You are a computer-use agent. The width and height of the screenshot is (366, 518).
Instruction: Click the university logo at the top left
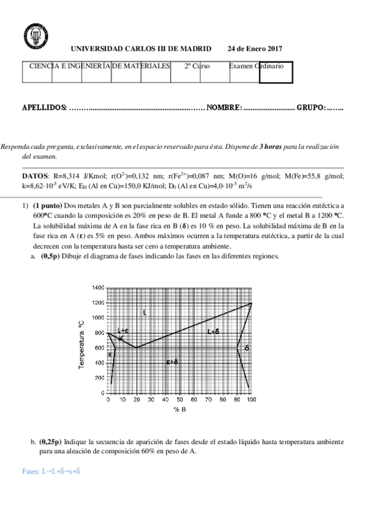click(x=32, y=36)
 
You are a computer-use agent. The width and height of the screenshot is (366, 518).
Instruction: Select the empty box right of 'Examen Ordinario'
click(x=276, y=72)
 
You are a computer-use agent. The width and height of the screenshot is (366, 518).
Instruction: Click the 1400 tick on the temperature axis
click(x=98, y=288)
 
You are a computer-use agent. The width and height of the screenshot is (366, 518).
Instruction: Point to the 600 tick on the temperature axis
click(x=100, y=348)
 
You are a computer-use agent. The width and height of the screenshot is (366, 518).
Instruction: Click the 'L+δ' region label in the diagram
click(x=213, y=332)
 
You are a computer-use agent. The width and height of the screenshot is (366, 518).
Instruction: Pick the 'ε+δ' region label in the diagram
click(x=172, y=362)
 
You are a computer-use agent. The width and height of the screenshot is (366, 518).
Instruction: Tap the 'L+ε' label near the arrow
click(x=123, y=330)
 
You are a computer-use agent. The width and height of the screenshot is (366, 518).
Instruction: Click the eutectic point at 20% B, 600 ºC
click(x=136, y=348)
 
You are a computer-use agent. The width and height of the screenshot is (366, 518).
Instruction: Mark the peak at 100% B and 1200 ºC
click(x=251, y=303)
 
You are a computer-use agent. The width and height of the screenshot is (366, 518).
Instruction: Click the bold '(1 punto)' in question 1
click(x=46, y=206)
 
